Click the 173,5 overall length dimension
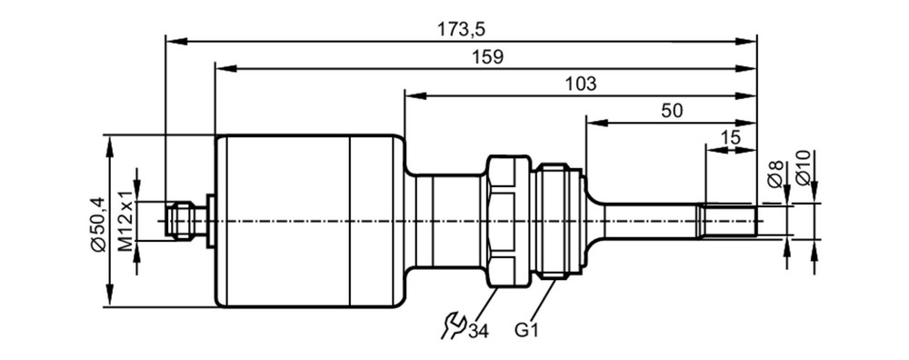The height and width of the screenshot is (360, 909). click(x=461, y=29)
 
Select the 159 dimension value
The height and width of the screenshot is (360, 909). click(x=487, y=56)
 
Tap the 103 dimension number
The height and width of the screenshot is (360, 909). click(x=581, y=84)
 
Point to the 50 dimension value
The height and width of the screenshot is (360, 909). click(x=672, y=111)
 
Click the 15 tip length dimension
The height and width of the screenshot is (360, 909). click(x=731, y=138)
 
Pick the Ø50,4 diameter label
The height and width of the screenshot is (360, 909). click(x=98, y=225)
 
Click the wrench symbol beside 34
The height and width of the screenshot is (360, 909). click(x=454, y=325)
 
